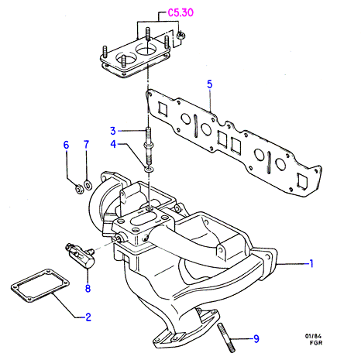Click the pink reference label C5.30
point(180,12)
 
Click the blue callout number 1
point(311,263)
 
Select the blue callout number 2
point(88,317)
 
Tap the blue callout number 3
point(113,131)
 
